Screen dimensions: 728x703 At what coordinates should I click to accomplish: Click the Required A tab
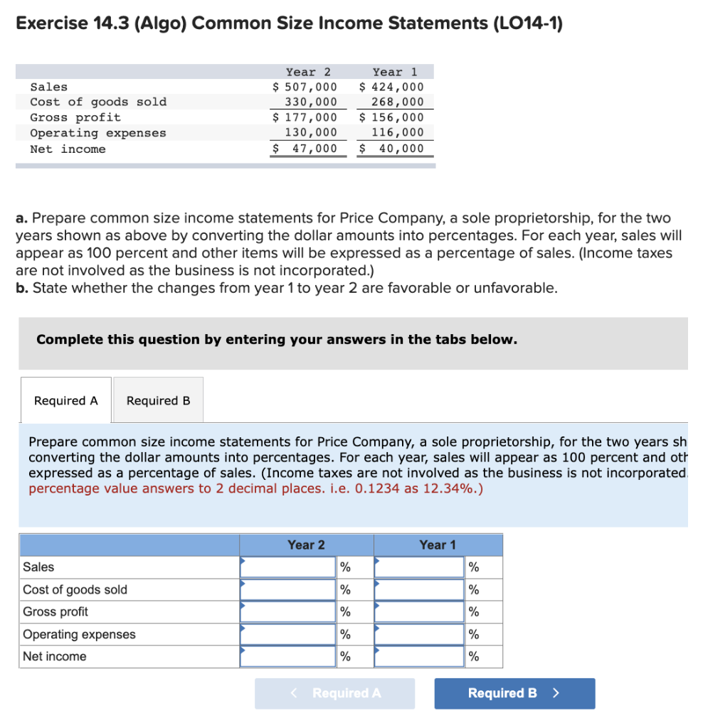point(65,401)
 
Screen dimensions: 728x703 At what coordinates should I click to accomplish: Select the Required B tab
point(158,401)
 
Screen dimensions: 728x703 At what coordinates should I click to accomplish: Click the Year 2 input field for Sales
point(287,567)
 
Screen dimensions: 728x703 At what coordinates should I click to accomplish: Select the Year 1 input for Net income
point(419,656)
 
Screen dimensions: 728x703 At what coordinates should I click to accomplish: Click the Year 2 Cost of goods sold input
point(287,589)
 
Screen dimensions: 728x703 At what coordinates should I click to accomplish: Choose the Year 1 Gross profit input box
point(419,611)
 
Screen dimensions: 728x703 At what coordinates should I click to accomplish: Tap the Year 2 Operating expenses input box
point(287,634)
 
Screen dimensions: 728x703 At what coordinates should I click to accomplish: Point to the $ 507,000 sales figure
point(305,87)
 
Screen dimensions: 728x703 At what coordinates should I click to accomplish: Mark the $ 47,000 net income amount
point(305,149)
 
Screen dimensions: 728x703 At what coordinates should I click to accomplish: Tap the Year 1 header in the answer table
point(437,545)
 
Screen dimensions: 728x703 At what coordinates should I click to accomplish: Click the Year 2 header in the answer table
point(306,545)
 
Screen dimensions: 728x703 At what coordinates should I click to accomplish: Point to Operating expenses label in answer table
point(79,634)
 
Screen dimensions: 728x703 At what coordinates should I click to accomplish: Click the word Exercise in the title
point(51,23)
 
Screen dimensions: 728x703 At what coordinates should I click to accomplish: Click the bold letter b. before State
point(22,288)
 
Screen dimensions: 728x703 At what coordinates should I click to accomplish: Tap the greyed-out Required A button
point(335,693)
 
